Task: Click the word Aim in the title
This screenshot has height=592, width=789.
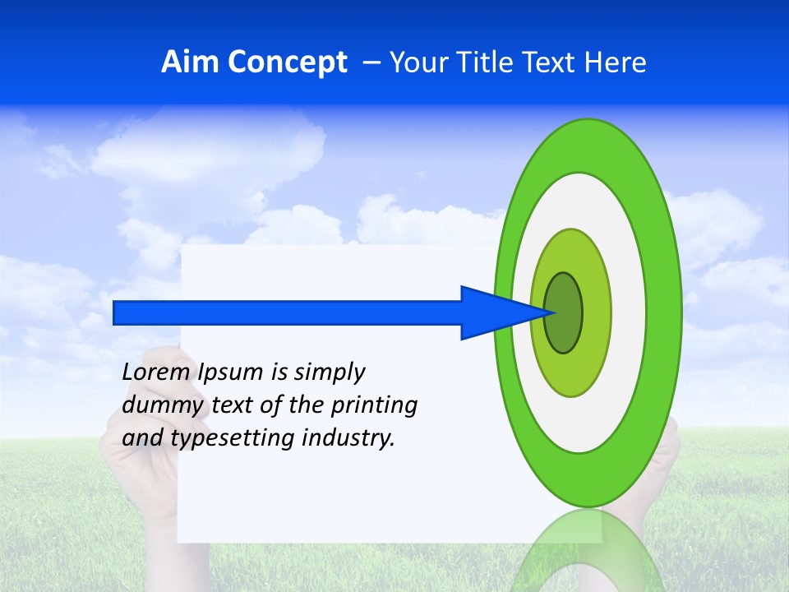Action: tap(191, 62)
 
